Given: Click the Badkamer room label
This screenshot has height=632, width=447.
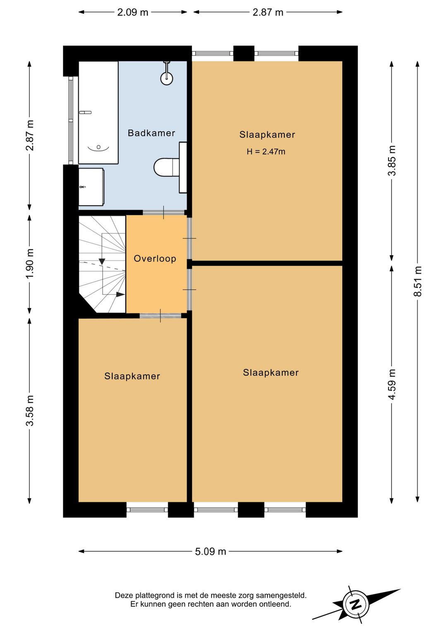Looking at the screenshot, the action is (x=151, y=133).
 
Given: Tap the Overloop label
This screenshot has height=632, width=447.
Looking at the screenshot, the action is (x=155, y=258).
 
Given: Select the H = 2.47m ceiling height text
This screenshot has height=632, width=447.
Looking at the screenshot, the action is (x=266, y=152).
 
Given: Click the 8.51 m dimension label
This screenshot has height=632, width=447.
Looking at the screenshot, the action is (x=417, y=281).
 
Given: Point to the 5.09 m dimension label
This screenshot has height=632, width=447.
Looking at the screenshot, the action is (x=210, y=552).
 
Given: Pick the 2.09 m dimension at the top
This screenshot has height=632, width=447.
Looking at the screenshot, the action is (x=132, y=12).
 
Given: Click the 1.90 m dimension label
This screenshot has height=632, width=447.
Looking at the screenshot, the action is (x=30, y=263).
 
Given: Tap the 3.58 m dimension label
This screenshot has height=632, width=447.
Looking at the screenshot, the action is (x=30, y=411).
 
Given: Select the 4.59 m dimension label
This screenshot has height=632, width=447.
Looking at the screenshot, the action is (x=392, y=384).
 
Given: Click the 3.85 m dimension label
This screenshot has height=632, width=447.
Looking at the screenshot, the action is (x=392, y=161).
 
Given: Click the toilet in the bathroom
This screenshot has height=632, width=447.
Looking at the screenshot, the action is (x=166, y=167).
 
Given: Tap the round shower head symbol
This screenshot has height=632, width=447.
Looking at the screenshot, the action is (x=167, y=78).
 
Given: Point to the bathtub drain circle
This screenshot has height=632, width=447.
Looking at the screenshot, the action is (x=99, y=147).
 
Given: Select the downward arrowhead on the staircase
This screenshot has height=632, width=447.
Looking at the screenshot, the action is (x=102, y=262).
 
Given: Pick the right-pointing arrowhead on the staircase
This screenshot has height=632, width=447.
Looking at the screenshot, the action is (x=121, y=294).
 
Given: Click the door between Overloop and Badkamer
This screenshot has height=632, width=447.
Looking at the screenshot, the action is (x=163, y=213).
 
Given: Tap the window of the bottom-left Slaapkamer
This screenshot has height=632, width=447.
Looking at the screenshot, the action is (x=147, y=509).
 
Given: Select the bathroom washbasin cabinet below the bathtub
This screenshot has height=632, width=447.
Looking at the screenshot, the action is (x=91, y=187).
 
